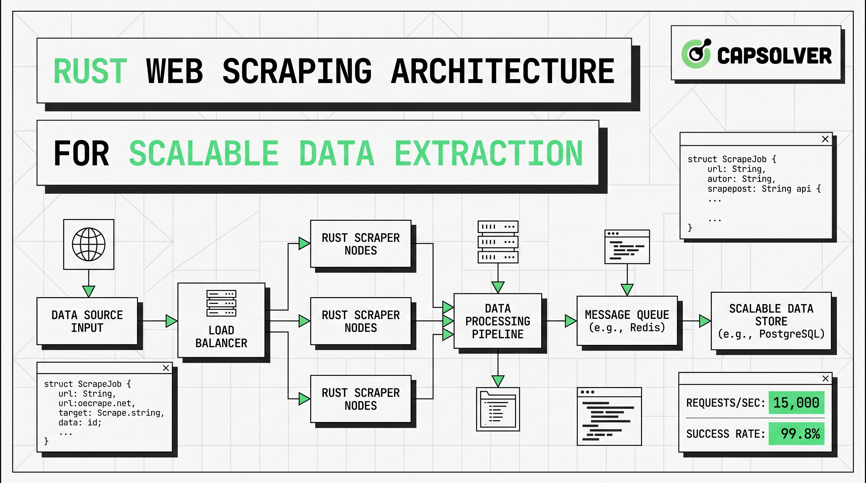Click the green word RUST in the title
pos(90,71)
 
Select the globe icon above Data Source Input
pos(89,244)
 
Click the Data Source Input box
pos(87,321)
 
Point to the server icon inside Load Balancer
pos(221,303)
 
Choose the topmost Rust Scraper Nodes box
pos(361,244)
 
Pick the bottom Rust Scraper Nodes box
pos(361,399)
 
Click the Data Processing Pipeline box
pos(498,321)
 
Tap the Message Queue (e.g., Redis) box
pos(627,321)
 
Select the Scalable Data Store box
pos(771,321)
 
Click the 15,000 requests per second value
pos(796,403)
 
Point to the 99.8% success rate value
pos(800,434)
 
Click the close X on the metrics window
pos(825,379)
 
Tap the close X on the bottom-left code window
pos(166,368)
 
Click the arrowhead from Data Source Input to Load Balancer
pos(171,321)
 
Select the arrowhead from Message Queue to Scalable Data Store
pos(704,321)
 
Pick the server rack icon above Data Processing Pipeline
pos(498,242)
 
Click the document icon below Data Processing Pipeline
pos(498,409)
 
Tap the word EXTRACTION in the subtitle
pos(488,153)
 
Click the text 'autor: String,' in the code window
pos(741,179)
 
